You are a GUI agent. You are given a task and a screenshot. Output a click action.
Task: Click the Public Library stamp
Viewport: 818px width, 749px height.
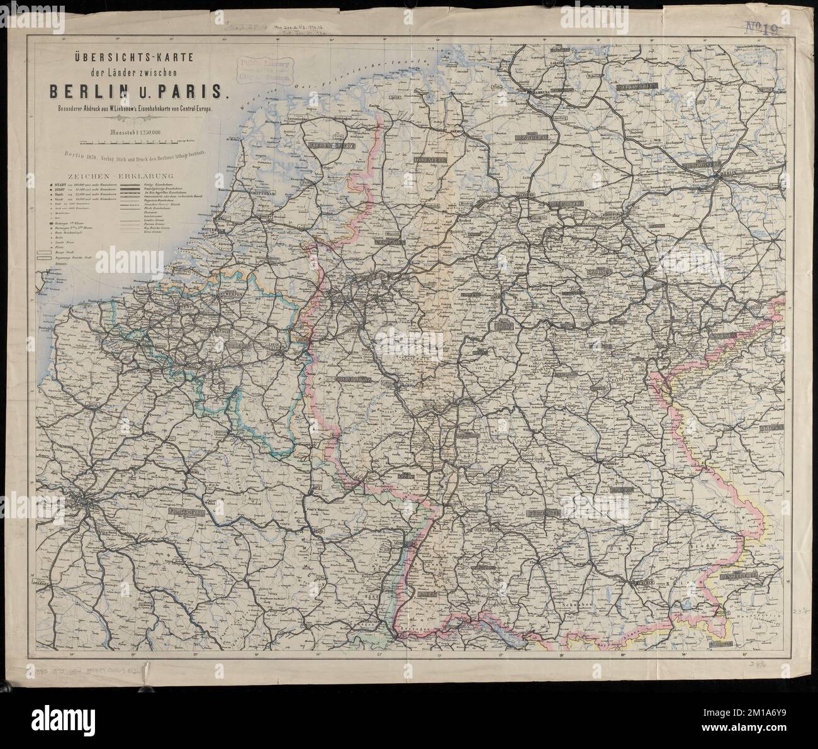point(264,69)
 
